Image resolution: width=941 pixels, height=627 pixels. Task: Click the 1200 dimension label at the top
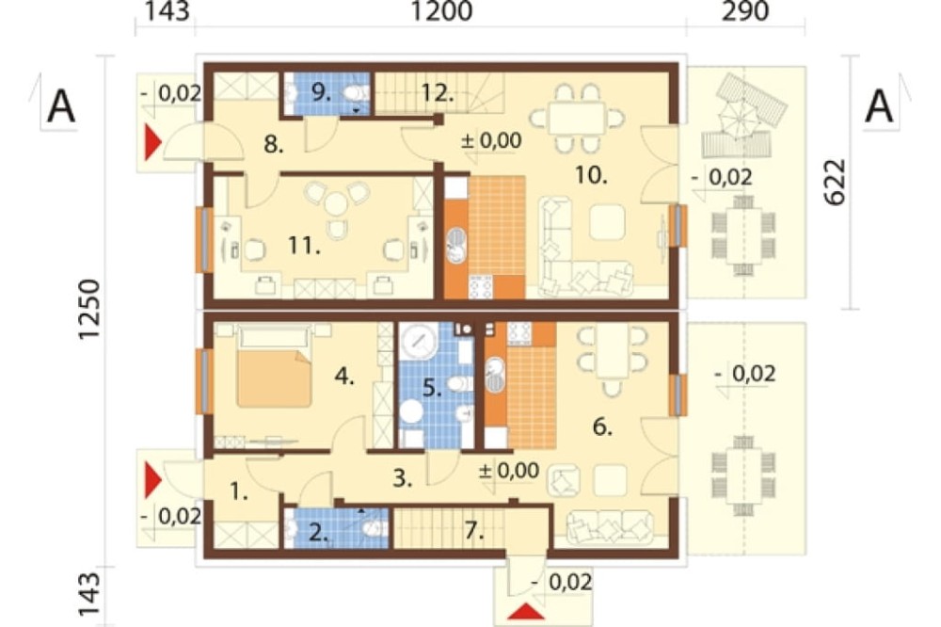(x=441, y=11)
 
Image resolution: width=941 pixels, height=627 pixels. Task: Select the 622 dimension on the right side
(x=835, y=183)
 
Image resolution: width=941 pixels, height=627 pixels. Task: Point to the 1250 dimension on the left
(x=88, y=310)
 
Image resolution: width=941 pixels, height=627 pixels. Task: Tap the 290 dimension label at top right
(x=744, y=11)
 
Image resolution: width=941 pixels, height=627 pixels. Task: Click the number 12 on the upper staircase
(x=437, y=93)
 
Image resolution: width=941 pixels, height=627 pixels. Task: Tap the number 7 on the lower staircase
(x=474, y=530)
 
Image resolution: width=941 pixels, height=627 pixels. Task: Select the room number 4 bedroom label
(x=344, y=378)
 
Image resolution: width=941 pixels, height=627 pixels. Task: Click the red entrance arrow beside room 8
(x=153, y=142)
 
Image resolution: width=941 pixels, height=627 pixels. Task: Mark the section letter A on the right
(x=879, y=106)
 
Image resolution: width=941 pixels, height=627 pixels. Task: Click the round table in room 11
(x=336, y=205)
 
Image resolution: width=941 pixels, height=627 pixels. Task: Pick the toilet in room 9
(x=357, y=93)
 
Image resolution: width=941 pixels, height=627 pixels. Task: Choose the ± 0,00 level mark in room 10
(x=491, y=140)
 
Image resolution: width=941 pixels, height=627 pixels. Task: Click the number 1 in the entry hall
(x=238, y=492)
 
